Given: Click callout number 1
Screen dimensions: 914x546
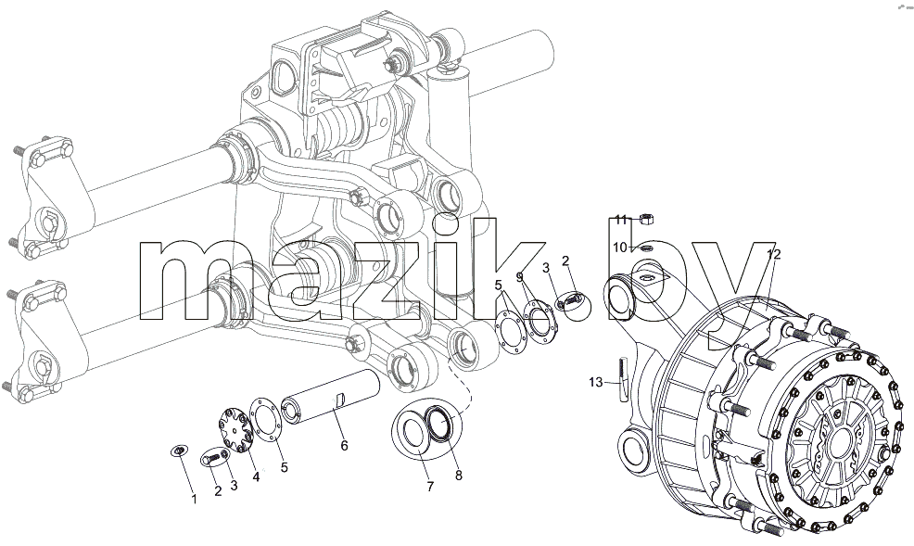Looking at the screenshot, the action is [194, 500].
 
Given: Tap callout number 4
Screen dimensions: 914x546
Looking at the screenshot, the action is [256, 476].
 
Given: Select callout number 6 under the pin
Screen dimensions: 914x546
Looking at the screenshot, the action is [344, 446].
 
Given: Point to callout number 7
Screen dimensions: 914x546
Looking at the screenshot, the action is [430, 487].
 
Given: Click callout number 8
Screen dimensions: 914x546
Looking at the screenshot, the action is [459, 476].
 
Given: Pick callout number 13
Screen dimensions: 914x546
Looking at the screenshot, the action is [596, 382].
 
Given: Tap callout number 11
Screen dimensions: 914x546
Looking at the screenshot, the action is [621, 220].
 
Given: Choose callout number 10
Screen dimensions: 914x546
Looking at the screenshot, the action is [619, 248].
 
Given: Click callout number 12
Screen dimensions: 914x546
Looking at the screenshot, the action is [773, 254].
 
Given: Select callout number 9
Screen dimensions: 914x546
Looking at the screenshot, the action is [519, 277].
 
